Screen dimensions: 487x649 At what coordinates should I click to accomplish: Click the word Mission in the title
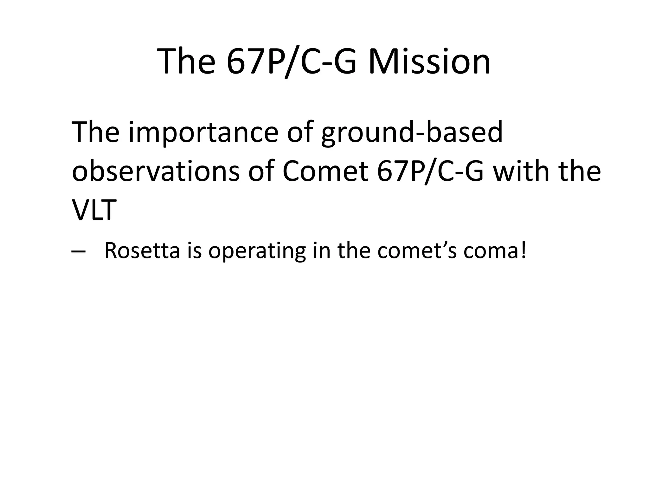coord(429,61)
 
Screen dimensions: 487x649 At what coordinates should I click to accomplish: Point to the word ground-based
coord(412,133)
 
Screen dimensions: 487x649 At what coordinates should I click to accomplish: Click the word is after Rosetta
coord(194,250)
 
